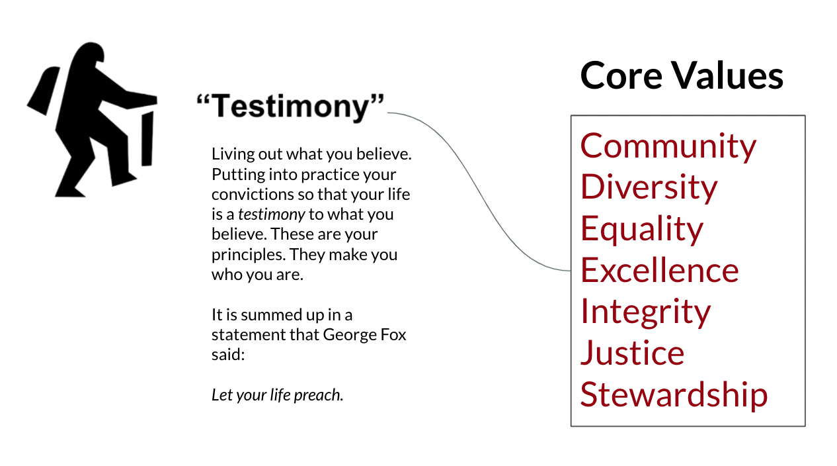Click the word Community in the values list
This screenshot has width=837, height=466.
coord(668,146)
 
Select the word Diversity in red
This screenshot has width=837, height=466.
coord(649,188)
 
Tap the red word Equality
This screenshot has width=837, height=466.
coord(642,229)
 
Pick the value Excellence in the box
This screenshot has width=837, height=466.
coord(660,270)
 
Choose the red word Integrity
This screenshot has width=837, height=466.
coord(645,312)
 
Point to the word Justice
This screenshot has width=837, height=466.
coord(632,353)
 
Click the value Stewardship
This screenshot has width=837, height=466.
coord(674,395)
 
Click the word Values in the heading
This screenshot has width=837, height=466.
coord(728,75)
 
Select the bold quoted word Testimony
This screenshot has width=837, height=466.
coord(290,107)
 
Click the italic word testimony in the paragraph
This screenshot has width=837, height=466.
coord(271,214)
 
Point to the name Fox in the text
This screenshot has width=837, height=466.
coord(393,335)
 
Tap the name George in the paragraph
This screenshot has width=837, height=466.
coord(349,336)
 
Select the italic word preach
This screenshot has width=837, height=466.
coord(318,396)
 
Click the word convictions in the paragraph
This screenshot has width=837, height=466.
coord(252,195)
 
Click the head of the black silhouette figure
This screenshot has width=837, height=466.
coord(89,54)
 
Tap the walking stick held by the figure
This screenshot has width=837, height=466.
coord(147,138)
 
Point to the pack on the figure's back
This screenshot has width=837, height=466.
coord(44,91)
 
